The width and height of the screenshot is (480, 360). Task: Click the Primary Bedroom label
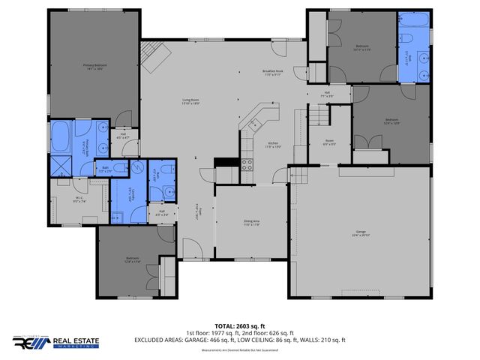tap(94, 67)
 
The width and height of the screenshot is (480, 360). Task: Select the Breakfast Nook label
tap(271, 73)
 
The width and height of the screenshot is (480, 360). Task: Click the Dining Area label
tap(250, 223)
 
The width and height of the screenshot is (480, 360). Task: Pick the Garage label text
tap(361, 234)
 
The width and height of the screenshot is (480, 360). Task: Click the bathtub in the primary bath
tap(60, 138)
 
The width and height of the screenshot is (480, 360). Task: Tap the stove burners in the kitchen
tap(246, 165)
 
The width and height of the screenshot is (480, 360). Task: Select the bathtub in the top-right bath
tap(414, 28)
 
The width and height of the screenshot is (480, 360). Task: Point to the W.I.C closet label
tap(79, 199)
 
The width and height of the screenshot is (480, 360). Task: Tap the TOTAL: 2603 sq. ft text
tap(239, 325)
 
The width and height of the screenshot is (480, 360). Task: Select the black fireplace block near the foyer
tap(223, 163)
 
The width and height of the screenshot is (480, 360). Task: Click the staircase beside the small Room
tap(318, 115)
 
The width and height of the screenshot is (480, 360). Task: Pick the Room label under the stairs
tap(329, 142)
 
